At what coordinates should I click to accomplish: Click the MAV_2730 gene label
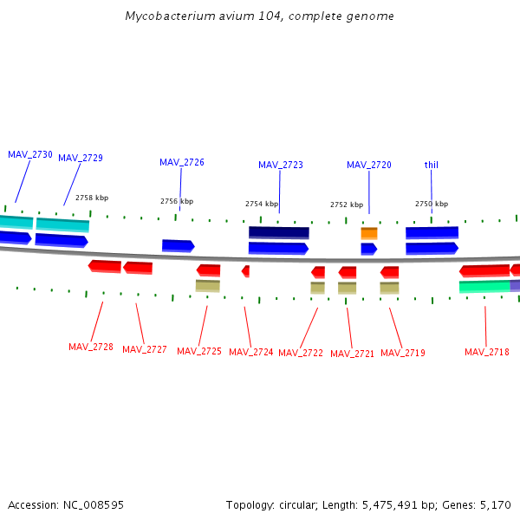(30, 154)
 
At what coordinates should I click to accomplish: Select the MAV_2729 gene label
(81, 158)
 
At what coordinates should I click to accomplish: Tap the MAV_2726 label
(182, 162)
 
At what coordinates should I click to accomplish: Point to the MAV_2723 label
(281, 165)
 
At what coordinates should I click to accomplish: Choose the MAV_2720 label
(369, 165)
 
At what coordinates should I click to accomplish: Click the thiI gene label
(432, 165)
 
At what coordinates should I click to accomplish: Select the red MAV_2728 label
(91, 347)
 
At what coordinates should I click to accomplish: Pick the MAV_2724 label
(250, 352)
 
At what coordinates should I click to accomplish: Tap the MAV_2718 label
(487, 352)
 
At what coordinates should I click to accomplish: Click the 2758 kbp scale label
(92, 198)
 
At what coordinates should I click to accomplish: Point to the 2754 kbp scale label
(262, 205)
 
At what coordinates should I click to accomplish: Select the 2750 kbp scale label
(432, 205)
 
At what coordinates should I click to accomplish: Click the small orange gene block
(369, 233)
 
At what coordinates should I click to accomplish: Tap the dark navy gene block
(278, 232)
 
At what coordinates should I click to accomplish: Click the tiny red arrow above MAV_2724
(245, 271)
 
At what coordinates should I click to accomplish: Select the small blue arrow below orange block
(368, 249)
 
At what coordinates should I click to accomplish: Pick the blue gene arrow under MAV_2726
(178, 246)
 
